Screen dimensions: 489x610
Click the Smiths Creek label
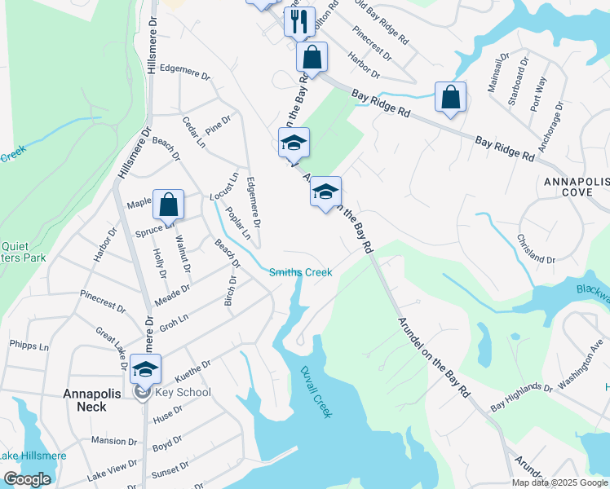pyautogui.click(x=301, y=272)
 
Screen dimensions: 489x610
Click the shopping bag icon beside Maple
pyautogui.click(x=168, y=206)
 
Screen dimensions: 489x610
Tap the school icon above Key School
pyautogui.click(x=145, y=369)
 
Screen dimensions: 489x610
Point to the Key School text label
pyautogui.click(x=184, y=393)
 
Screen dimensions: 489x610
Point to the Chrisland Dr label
pyautogui.click(x=536, y=249)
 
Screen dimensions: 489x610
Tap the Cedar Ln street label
pyautogui.click(x=192, y=130)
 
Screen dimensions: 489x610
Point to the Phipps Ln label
pyautogui.click(x=29, y=346)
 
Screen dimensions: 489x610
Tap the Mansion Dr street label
pyautogui.click(x=109, y=440)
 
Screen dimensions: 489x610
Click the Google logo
pyautogui.click(x=27, y=479)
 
